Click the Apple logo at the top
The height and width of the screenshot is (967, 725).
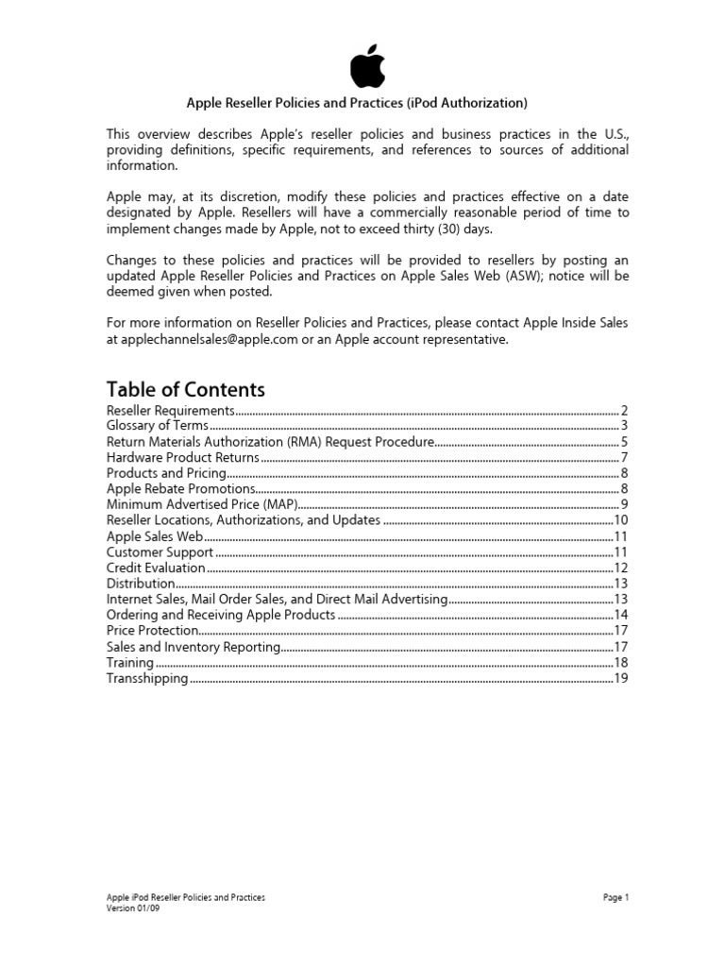click(x=366, y=66)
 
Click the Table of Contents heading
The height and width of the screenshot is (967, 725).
click(x=186, y=389)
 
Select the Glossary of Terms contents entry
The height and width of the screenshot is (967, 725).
click(x=157, y=426)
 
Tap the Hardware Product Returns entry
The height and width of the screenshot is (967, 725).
click(x=182, y=457)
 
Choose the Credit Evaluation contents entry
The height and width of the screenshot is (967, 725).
click(x=156, y=568)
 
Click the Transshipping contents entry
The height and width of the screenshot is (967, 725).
click(x=147, y=678)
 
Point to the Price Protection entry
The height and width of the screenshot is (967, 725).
click(x=152, y=630)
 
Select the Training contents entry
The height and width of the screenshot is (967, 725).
click(x=130, y=663)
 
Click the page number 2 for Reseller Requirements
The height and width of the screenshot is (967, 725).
click(x=624, y=411)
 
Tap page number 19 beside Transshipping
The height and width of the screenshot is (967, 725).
click(x=621, y=678)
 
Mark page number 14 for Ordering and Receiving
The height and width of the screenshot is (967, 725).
click(x=621, y=615)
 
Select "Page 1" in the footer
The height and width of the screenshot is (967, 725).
click(x=615, y=897)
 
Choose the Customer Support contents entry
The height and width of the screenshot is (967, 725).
click(x=160, y=551)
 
